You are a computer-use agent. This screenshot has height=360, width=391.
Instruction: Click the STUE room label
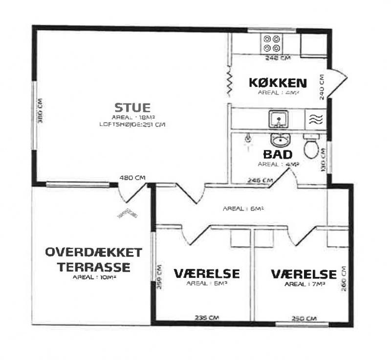click(x=132, y=107)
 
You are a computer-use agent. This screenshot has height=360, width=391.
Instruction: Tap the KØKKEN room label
click(x=278, y=83)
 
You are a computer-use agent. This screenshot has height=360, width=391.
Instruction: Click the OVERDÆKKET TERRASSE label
click(x=94, y=260)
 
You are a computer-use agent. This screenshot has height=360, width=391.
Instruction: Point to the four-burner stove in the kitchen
click(x=271, y=43)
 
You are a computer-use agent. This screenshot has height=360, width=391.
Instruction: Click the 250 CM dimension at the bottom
click(x=304, y=318)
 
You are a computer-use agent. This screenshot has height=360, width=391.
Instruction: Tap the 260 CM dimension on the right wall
click(x=344, y=279)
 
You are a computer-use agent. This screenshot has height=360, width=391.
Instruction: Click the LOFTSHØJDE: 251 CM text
click(x=132, y=125)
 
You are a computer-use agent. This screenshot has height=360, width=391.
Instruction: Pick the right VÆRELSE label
click(x=304, y=274)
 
